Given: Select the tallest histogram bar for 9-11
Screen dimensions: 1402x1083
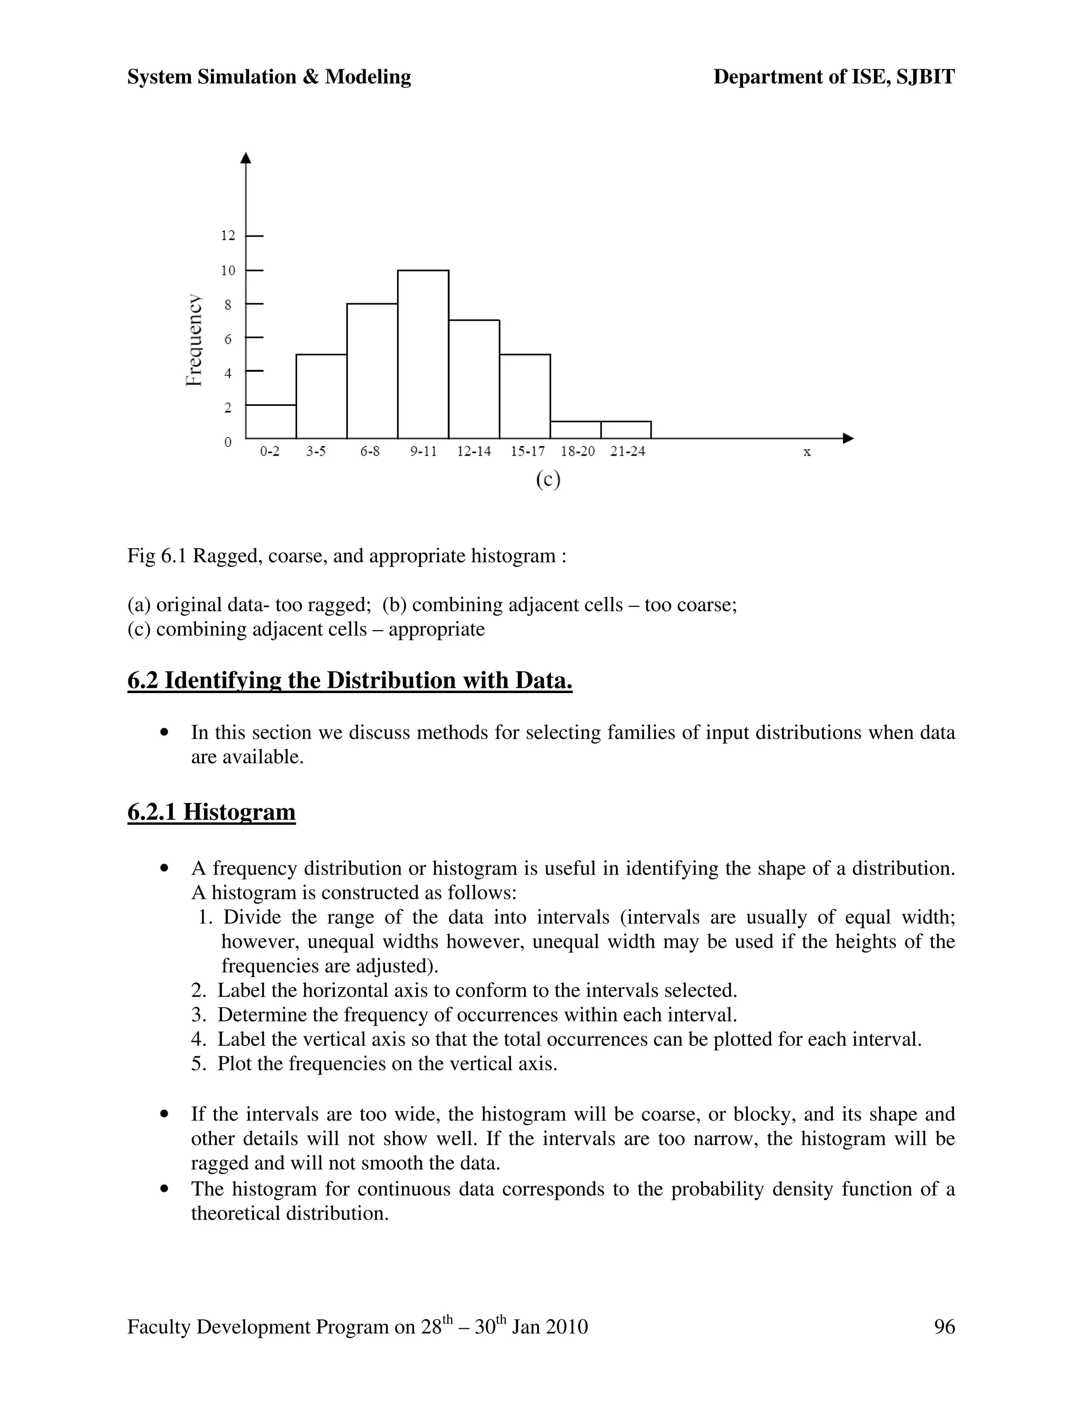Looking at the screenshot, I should [423, 354].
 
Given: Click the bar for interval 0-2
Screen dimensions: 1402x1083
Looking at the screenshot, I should [271, 422].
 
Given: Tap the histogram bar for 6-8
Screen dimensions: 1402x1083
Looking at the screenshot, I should [372, 371].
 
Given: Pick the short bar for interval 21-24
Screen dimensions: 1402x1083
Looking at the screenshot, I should [626, 430].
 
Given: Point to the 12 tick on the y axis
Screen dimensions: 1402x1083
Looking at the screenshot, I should [228, 235].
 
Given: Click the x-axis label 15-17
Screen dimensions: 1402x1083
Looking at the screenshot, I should [527, 451].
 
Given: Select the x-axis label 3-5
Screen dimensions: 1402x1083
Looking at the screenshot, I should [316, 451].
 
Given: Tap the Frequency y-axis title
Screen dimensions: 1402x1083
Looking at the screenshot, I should [194, 340].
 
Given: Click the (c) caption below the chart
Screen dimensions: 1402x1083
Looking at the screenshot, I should [548, 480].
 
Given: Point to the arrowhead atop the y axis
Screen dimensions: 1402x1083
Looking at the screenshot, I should [246, 158].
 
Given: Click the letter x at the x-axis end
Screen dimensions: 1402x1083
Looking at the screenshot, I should [807, 452].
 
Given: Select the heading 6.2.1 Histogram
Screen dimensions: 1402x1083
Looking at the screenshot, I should [212, 812].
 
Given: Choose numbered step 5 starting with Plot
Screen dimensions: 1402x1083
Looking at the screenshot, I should [374, 1064].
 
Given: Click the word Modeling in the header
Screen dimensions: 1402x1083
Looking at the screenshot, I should [368, 77].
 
